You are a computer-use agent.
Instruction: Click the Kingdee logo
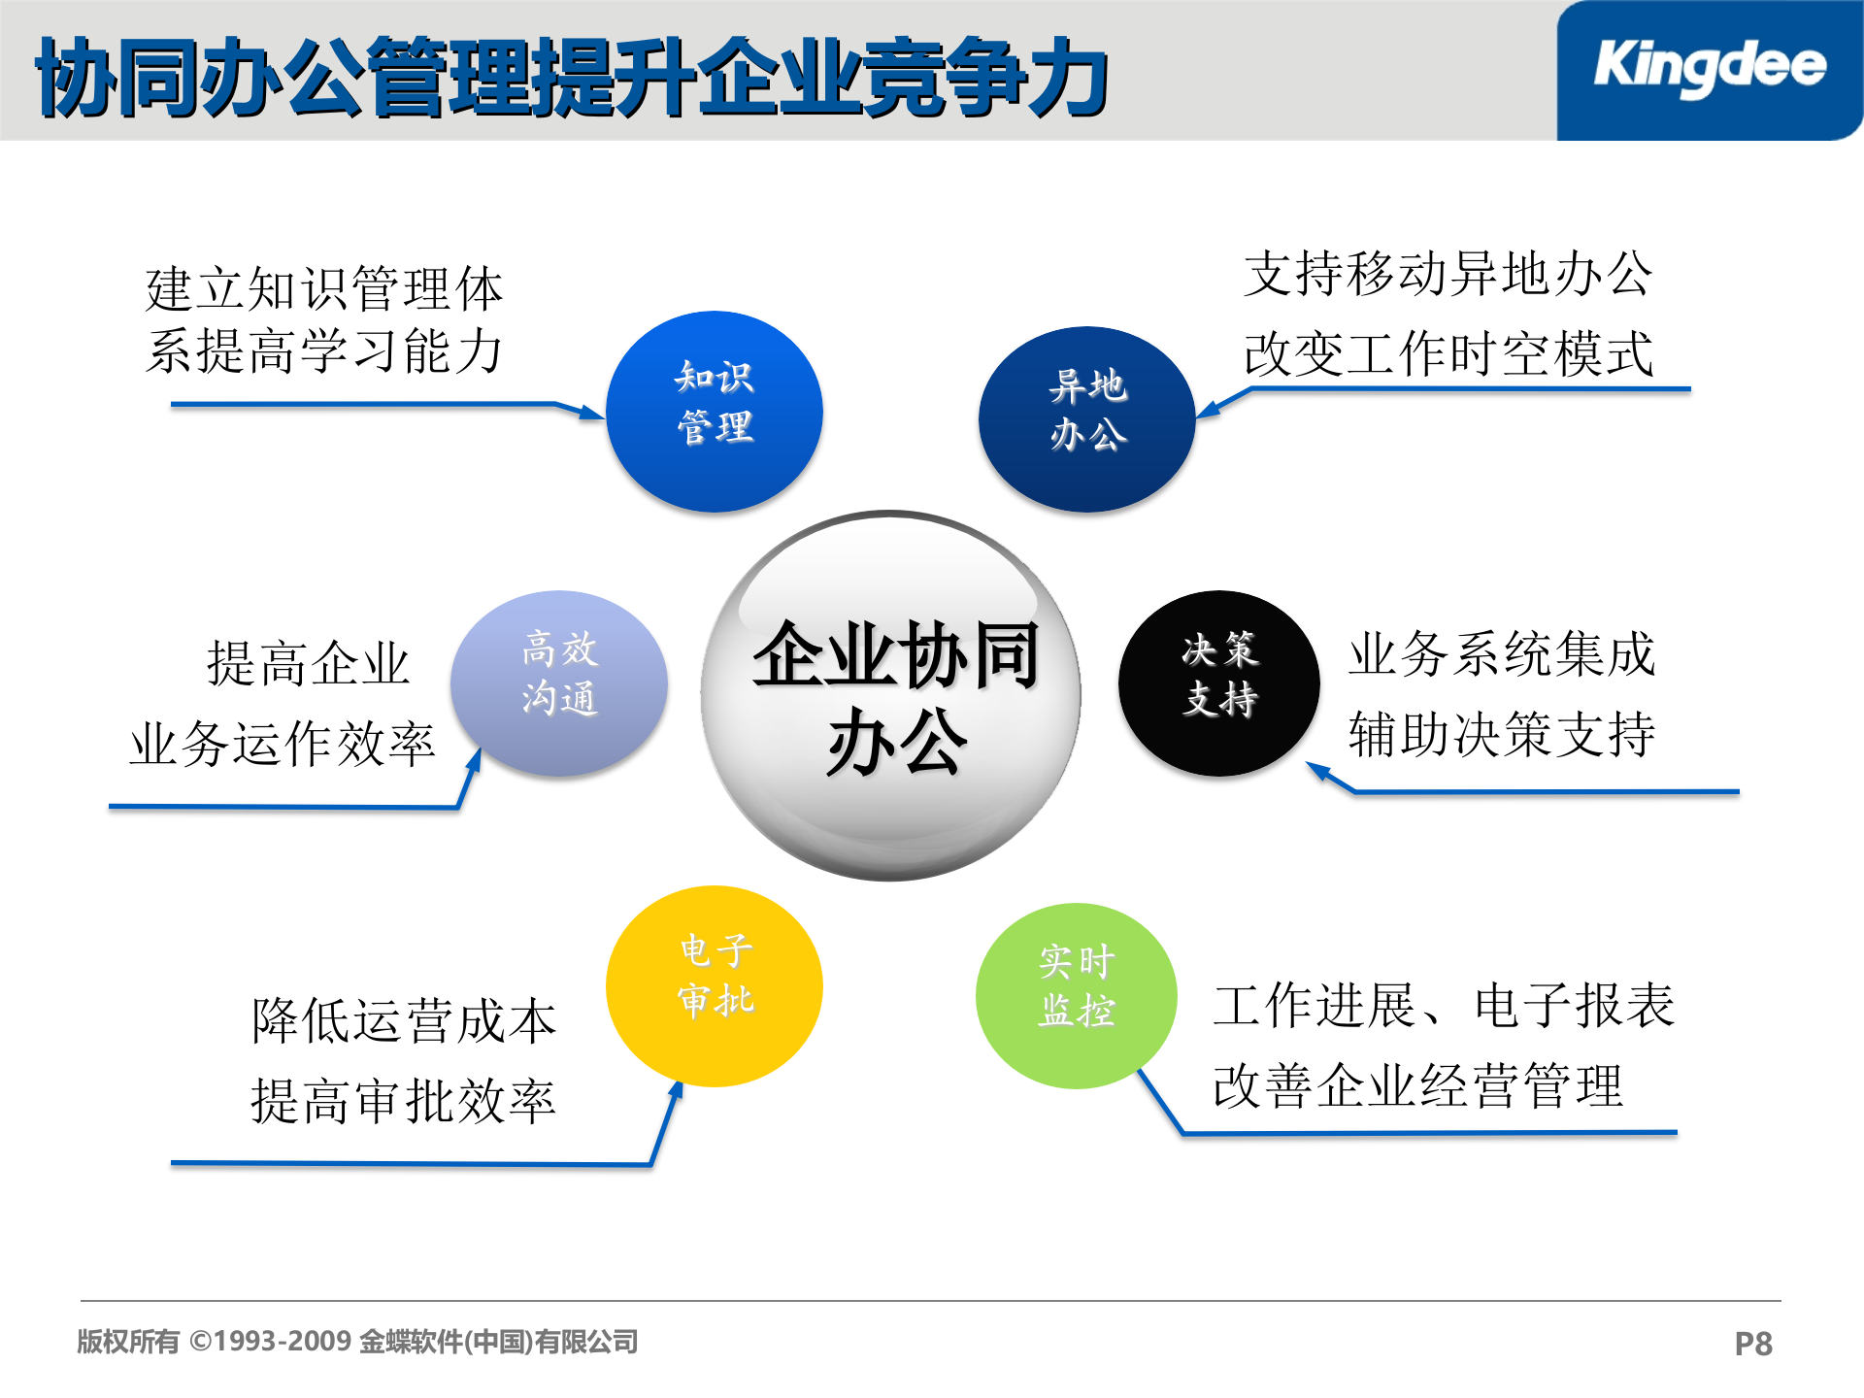1710,66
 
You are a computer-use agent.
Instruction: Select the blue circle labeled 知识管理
715,412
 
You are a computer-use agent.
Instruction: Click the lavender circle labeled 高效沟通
559,683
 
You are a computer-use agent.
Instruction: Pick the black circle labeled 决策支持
1219,683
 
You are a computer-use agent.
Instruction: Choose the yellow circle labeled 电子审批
715,985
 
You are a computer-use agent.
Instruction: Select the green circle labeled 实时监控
1077,996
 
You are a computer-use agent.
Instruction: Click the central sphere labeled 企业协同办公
891,695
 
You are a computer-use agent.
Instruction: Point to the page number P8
1753,1344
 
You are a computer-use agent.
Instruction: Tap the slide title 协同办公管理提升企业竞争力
573,78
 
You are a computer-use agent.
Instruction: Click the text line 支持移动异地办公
1448,274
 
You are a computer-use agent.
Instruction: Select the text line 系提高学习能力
324,351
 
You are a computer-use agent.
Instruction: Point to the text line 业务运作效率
283,745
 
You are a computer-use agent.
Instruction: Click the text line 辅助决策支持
1502,734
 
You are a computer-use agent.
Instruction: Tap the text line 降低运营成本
404,1021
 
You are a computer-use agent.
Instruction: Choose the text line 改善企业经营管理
1418,1085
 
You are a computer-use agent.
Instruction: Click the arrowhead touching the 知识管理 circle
592,414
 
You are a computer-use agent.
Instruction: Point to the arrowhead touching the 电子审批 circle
677,1091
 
